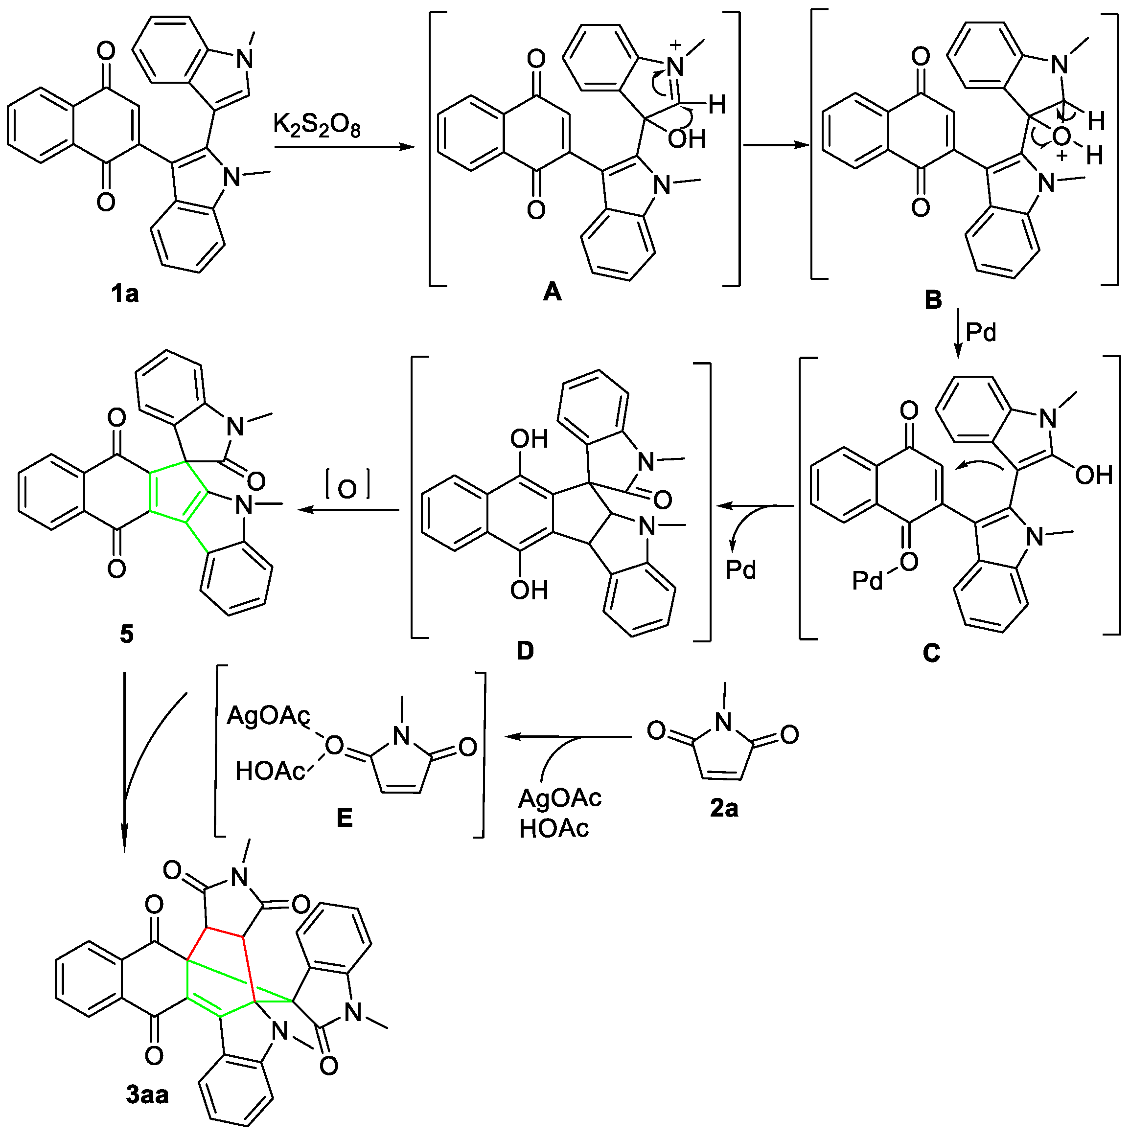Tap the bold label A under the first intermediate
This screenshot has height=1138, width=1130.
point(552,292)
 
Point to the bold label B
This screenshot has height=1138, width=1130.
point(933,300)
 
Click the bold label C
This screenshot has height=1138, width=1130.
point(931,653)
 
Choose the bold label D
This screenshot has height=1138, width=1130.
point(524,651)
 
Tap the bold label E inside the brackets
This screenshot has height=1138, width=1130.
point(344,817)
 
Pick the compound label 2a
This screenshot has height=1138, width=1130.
point(723,808)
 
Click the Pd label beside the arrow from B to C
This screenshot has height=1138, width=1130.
point(981,333)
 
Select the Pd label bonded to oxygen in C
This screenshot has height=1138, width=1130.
point(867,581)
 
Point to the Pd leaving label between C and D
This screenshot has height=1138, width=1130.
point(740,569)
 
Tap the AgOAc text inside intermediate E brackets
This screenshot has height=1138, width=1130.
point(268,716)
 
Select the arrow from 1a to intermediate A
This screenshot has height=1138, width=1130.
point(345,147)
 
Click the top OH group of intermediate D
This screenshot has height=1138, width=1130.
point(529,439)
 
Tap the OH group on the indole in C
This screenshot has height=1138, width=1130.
point(1093,475)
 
